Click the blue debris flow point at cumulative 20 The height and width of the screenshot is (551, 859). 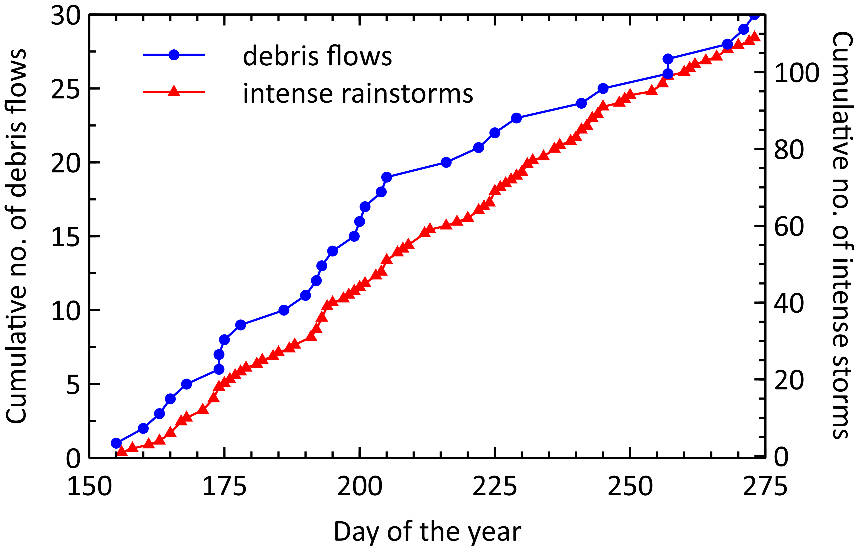click(446, 162)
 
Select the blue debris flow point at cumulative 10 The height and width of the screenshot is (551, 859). click(284, 310)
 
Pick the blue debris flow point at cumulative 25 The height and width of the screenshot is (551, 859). click(603, 88)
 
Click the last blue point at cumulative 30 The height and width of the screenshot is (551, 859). click(754, 15)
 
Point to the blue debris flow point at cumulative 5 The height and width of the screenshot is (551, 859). click(186, 384)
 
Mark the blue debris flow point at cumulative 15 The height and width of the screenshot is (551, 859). click(354, 236)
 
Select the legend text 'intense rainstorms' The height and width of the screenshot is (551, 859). click(358, 93)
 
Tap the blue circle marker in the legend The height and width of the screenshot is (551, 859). click(174, 55)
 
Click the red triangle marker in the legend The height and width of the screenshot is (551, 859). click(174, 91)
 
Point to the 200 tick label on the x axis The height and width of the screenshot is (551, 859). click(360, 487)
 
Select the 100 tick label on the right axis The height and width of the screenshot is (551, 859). click(796, 73)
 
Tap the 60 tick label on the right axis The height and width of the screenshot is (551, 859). click(789, 227)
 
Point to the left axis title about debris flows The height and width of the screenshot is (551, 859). click(16, 236)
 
